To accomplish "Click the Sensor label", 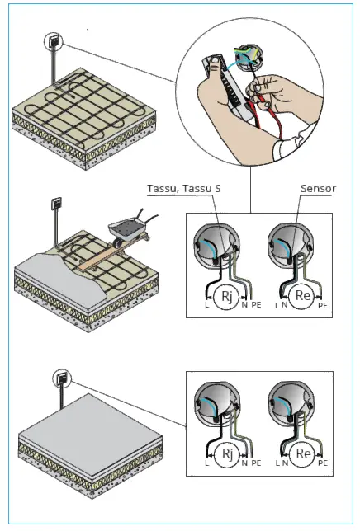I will pos(319,189).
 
